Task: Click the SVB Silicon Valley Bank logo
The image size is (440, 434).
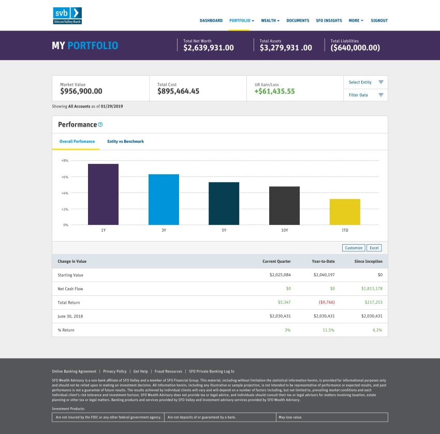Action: point(67,16)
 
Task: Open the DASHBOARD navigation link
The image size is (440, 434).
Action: point(211,21)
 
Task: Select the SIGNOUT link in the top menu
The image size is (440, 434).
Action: point(379,21)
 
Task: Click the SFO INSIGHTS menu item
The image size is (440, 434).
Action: point(329,21)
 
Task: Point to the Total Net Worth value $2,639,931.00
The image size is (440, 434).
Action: point(209,48)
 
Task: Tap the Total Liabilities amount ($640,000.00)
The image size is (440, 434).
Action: point(355,48)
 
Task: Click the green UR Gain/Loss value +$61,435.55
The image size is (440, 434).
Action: point(274,92)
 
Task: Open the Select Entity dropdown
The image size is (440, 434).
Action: point(365,82)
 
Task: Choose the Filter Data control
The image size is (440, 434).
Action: point(365,95)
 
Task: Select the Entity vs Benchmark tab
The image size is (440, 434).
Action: point(125,141)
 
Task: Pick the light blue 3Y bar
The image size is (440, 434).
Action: point(164,199)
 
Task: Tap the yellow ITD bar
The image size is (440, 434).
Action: point(345,212)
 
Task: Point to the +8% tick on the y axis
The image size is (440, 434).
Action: point(65,161)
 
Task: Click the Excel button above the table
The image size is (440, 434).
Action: point(374,248)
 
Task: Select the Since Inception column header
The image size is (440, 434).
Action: point(368,261)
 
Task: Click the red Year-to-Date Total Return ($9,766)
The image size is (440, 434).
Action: point(324,302)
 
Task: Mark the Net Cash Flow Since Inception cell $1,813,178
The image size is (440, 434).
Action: point(372,289)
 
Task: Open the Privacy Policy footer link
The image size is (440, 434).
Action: point(115,371)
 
